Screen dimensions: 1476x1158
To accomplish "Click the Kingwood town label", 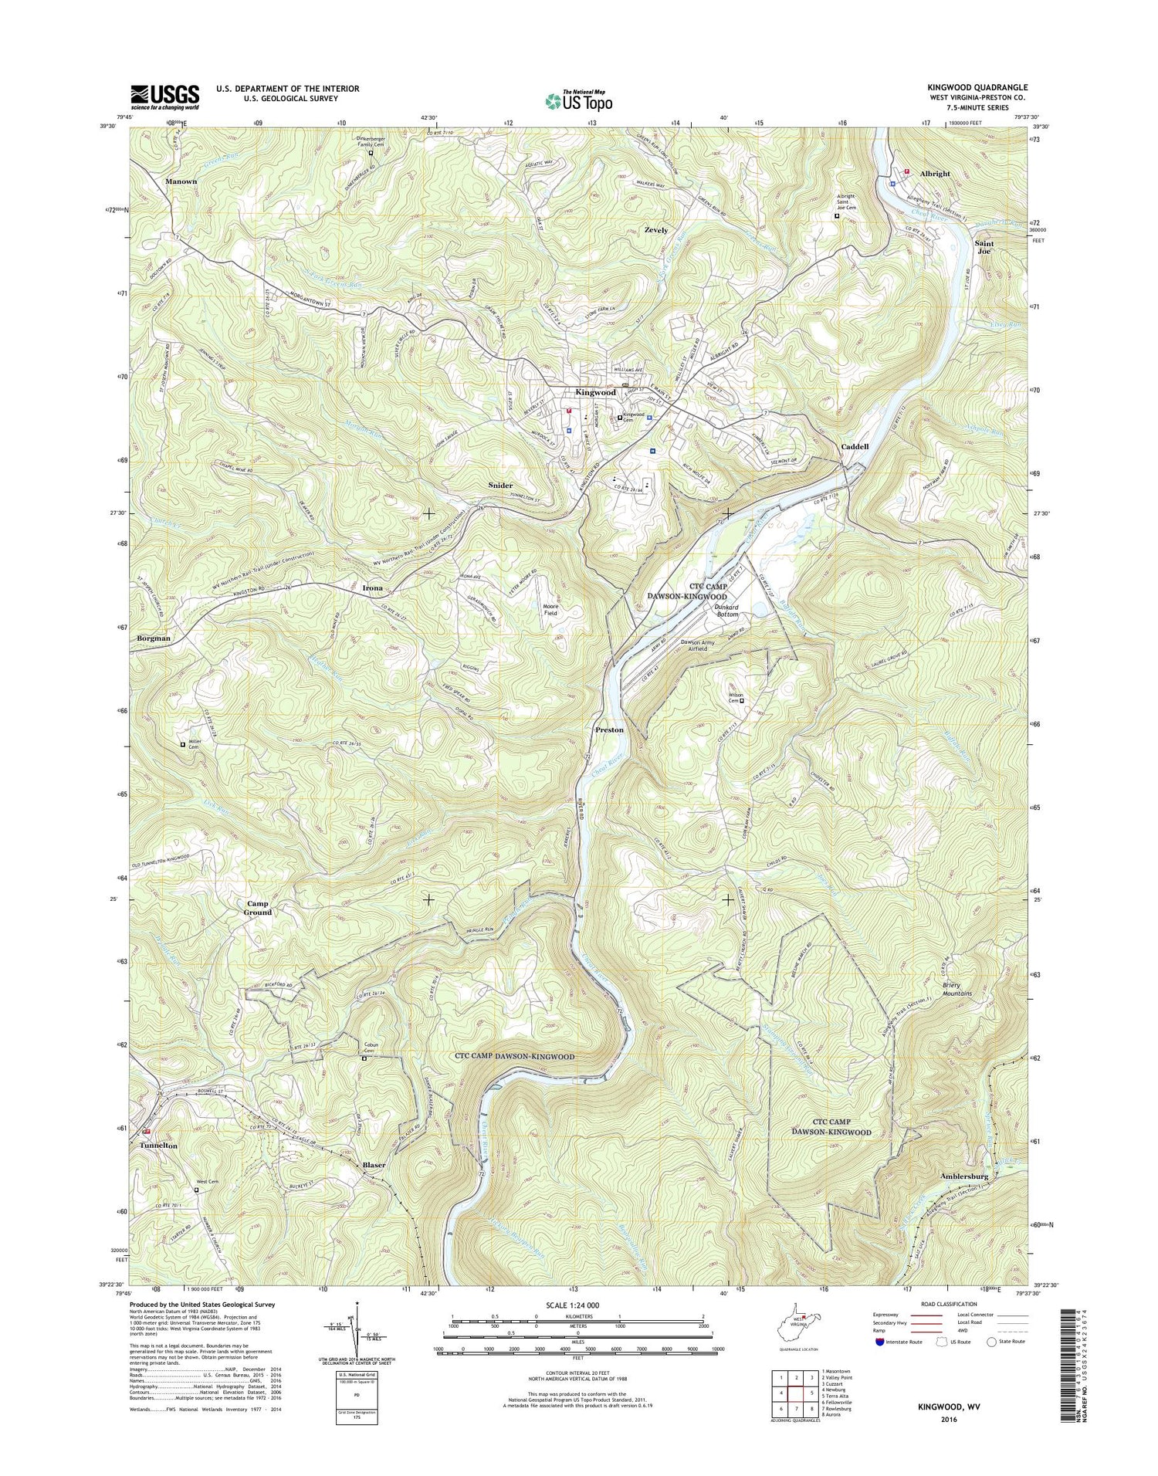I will coord(594,393).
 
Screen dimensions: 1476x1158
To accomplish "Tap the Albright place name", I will coord(935,174).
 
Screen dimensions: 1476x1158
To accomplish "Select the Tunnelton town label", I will coord(158,1146).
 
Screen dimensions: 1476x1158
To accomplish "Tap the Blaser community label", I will coord(374,1164).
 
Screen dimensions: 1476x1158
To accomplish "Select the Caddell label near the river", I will coord(855,447).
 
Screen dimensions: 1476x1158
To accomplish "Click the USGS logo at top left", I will coord(164,97).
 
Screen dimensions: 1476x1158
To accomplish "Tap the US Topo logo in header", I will coord(579,100).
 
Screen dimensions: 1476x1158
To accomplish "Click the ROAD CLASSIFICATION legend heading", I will coord(939,1304).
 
